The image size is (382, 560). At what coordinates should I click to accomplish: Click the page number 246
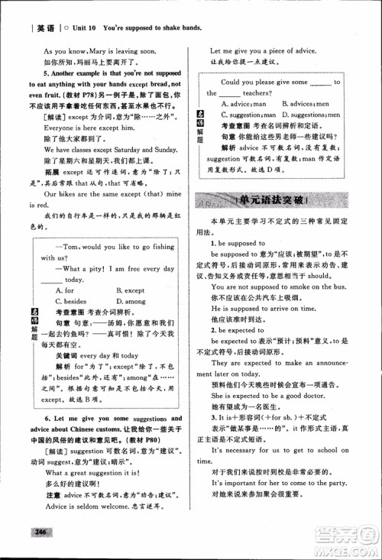[36, 532]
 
